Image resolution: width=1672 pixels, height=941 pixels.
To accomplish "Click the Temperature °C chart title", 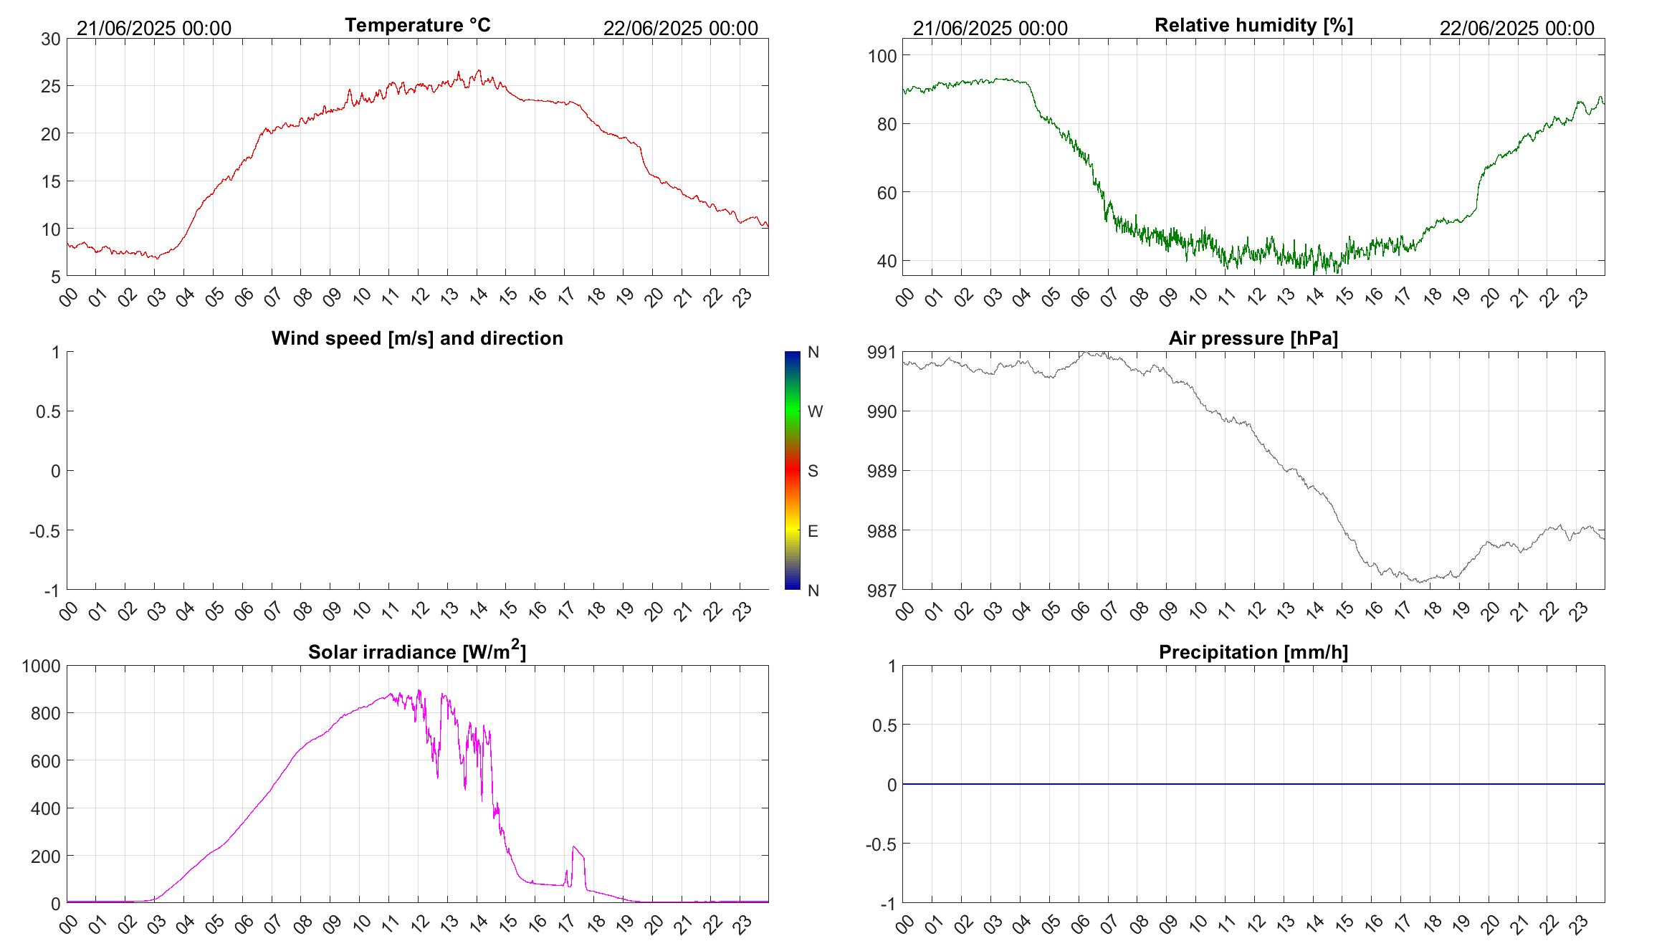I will pyautogui.click(x=417, y=25).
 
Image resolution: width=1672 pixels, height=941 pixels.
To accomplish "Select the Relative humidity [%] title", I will pyautogui.click(x=1253, y=25).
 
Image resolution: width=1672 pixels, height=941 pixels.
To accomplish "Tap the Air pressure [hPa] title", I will pyautogui.click(x=1253, y=338).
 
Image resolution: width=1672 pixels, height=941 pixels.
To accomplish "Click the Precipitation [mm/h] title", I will pyautogui.click(x=1253, y=652).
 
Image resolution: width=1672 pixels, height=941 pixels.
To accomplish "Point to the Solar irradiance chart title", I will pyautogui.click(x=417, y=651).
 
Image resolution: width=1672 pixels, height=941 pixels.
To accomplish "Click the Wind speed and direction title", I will pyautogui.click(x=417, y=338).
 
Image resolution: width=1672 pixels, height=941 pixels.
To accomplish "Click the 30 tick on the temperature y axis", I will pyautogui.click(x=51, y=39).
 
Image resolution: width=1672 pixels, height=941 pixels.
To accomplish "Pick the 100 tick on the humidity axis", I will pyautogui.click(x=882, y=56).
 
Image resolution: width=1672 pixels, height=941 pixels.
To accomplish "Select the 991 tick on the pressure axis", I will pyautogui.click(x=882, y=352).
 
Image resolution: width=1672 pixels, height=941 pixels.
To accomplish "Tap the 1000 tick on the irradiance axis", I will pyautogui.click(x=42, y=666).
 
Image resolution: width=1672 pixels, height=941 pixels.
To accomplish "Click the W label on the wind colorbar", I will pyautogui.click(x=815, y=411).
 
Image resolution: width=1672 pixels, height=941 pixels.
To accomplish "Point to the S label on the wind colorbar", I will pyautogui.click(x=813, y=471).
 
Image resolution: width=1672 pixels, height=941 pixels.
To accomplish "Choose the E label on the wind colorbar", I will pyautogui.click(x=813, y=531).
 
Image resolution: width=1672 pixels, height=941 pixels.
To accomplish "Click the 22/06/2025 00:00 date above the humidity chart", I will pyautogui.click(x=1516, y=29).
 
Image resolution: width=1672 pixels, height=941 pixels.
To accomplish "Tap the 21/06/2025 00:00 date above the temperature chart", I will pyautogui.click(x=154, y=29).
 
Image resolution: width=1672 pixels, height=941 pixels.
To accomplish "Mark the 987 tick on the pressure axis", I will pyautogui.click(x=882, y=591).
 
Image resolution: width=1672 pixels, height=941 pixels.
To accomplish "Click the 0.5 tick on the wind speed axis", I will pyautogui.click(x=48, y=411).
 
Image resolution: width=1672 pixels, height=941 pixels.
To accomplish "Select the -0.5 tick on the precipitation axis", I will pyautogui.click(x=881, y=844).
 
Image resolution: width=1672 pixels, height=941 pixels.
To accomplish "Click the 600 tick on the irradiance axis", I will pyautogui.click(x=46, y=761).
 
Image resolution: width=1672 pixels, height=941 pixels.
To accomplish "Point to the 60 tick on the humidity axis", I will pyautogui.click(x=887, y=193).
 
